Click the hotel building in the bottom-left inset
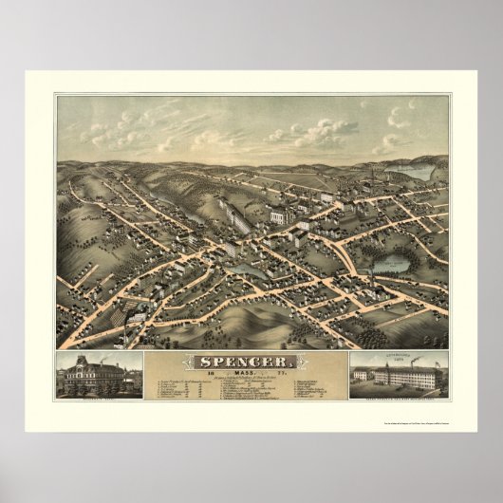[99, 378]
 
